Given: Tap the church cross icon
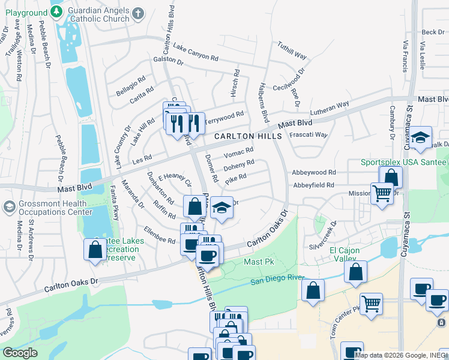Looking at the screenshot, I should click(137, 13).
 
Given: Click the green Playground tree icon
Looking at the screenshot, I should click(56, 11).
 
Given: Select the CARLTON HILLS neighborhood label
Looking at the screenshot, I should click(249, 137).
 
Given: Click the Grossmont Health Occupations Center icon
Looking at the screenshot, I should click(10, 207).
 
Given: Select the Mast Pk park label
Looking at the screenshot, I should click(259, 262).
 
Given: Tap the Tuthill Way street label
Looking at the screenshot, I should click(292, 50).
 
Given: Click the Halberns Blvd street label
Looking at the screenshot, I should click(262, 102).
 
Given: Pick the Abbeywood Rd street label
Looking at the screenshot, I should click(312, 172).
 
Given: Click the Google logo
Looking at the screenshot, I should click(20, 353).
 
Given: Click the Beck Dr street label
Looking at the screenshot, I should click(432, 32).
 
